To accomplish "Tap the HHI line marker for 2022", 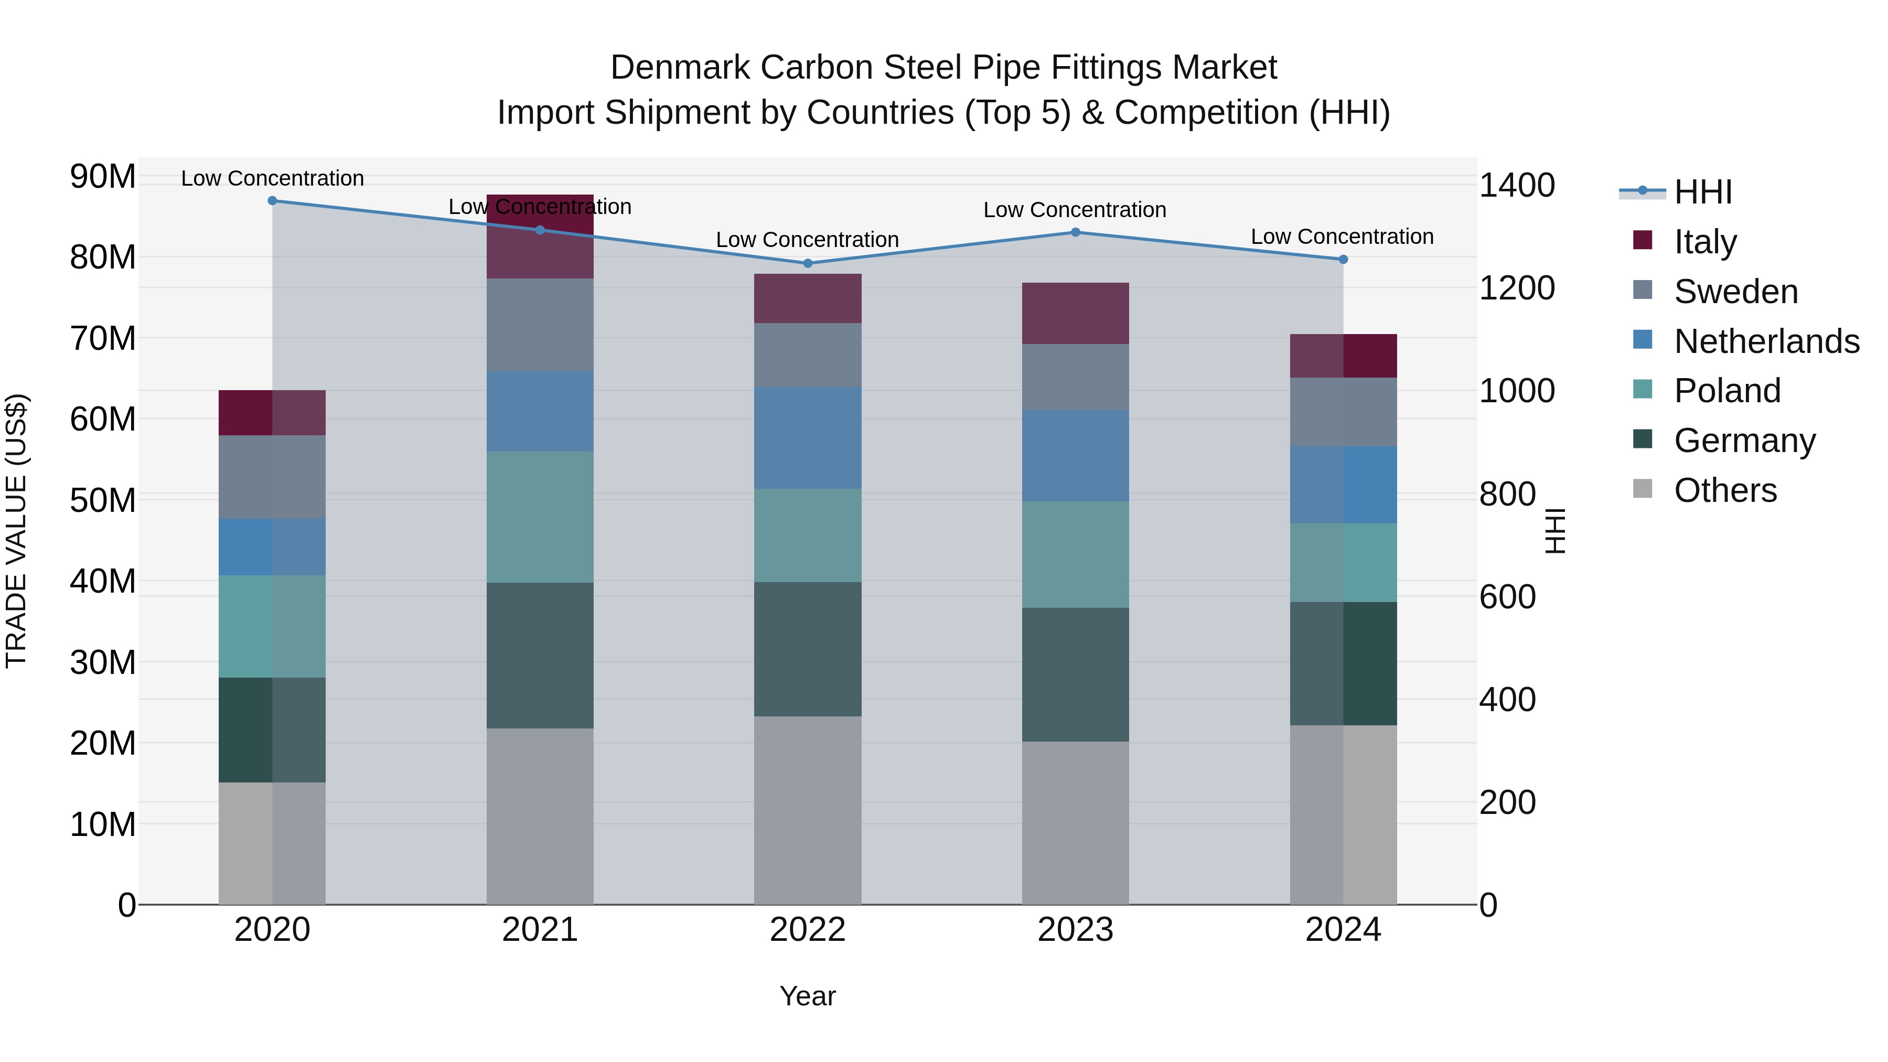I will pyautogui.click(x=808, y=263).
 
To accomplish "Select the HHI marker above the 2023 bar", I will pyautogui.click(x=1075, y=232).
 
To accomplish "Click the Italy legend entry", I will pyautogui.click(x=1705, y=242).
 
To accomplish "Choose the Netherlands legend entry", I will pyautogui.click(x=1766, y=341).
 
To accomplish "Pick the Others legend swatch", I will pyautogui.click(x=1643, y=489).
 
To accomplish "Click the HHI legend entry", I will pyautogui.click(x=1702, y=192).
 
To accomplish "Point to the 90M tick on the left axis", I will pyautogui.click(x=103, y=177).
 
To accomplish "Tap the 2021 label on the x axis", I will pyautogui.click(x=540, y=930).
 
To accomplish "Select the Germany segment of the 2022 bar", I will pyautogui.click(x=808, y=649).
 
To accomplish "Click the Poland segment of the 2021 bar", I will pyautogui.click(x=540, y=517).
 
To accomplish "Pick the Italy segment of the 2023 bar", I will pyautogui.click(x=1075, y=313).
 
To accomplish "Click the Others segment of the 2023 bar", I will pyautogui.click(x=1075, y=822).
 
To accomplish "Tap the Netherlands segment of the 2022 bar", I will pyautogui.click(x=808, y=437).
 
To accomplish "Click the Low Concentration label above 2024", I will pyautogui.click(x=1342, y=237).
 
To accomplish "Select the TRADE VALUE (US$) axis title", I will pyautogui.click(x=16, y=531).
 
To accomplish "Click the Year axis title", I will pyautogui.click(x=807, y=996).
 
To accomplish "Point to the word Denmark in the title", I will pyautogui.click(x=680, y=68).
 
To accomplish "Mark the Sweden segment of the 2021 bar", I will pyautogui.click(x=540, y=325).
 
